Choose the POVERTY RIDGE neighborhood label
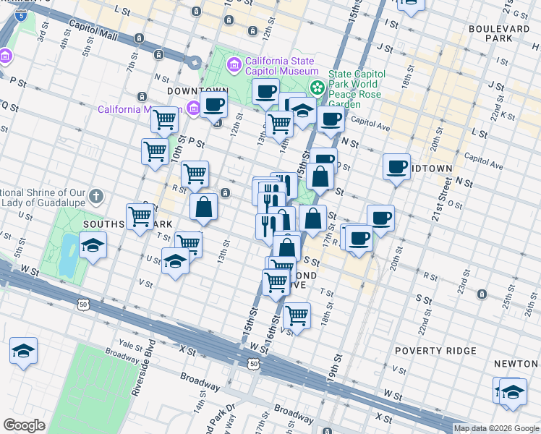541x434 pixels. click(435, 351)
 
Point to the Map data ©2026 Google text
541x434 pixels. click(496, 428)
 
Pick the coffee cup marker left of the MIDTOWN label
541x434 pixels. click(396, 167)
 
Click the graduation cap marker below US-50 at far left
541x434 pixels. click(23, 352)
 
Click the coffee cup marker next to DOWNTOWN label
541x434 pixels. click(213, 104)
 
